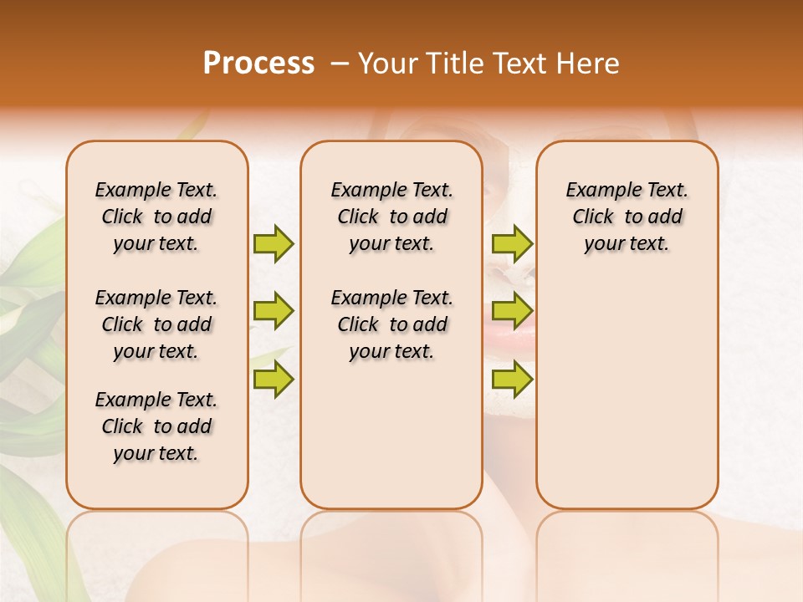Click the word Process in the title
258,64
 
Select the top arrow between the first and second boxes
274,243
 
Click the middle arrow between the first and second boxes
274,311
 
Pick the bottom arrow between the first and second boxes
274,380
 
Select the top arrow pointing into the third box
512,243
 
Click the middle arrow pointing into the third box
512,311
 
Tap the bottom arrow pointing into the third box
512,380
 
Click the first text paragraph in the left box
156,217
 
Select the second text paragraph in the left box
156,324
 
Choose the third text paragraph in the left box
156,426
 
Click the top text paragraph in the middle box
391,217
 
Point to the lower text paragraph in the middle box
391,324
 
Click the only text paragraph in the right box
627,217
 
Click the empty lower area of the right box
627,393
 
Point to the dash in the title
340,64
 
